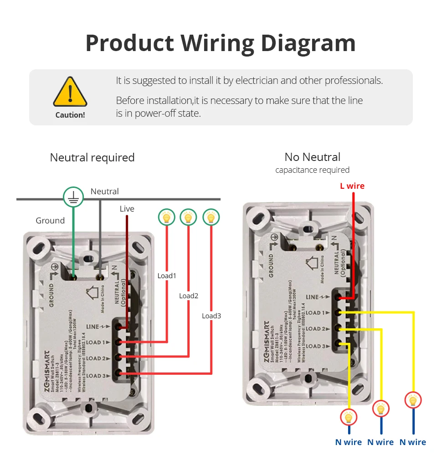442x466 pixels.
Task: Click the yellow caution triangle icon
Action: click(70, 93)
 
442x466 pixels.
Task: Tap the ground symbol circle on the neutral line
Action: click(73, 197)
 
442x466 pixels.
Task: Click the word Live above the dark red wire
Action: click(127, 209)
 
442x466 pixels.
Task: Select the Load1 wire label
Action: click(166, 275)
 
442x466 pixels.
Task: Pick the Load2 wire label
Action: click(188, 295)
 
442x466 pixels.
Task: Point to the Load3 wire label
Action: click(211, 316)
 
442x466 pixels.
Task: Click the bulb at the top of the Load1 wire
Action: click(167, 217)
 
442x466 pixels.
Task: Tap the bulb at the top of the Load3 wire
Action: click(211, 217)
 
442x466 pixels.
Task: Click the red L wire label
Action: click(352, 186)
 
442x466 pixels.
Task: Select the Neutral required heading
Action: click(92, 158)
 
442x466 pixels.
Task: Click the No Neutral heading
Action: click(312, 157)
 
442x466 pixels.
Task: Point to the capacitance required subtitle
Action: click(312, 170)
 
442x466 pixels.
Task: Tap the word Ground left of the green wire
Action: click(50, 221)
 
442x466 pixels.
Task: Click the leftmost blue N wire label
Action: click(348, 442)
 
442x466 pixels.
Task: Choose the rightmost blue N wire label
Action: click(412, 442)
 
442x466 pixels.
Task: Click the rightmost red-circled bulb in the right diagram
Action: click(413, 401)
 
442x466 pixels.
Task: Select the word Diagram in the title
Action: click(308, 43)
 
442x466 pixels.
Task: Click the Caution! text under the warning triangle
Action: click(70, 115)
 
